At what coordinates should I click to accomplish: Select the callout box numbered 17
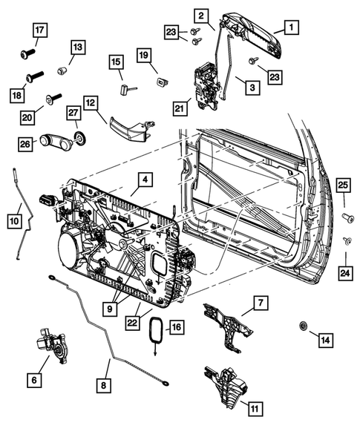[39, 30]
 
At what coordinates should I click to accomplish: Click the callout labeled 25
[343, 185]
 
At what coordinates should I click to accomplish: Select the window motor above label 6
[49, 347]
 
